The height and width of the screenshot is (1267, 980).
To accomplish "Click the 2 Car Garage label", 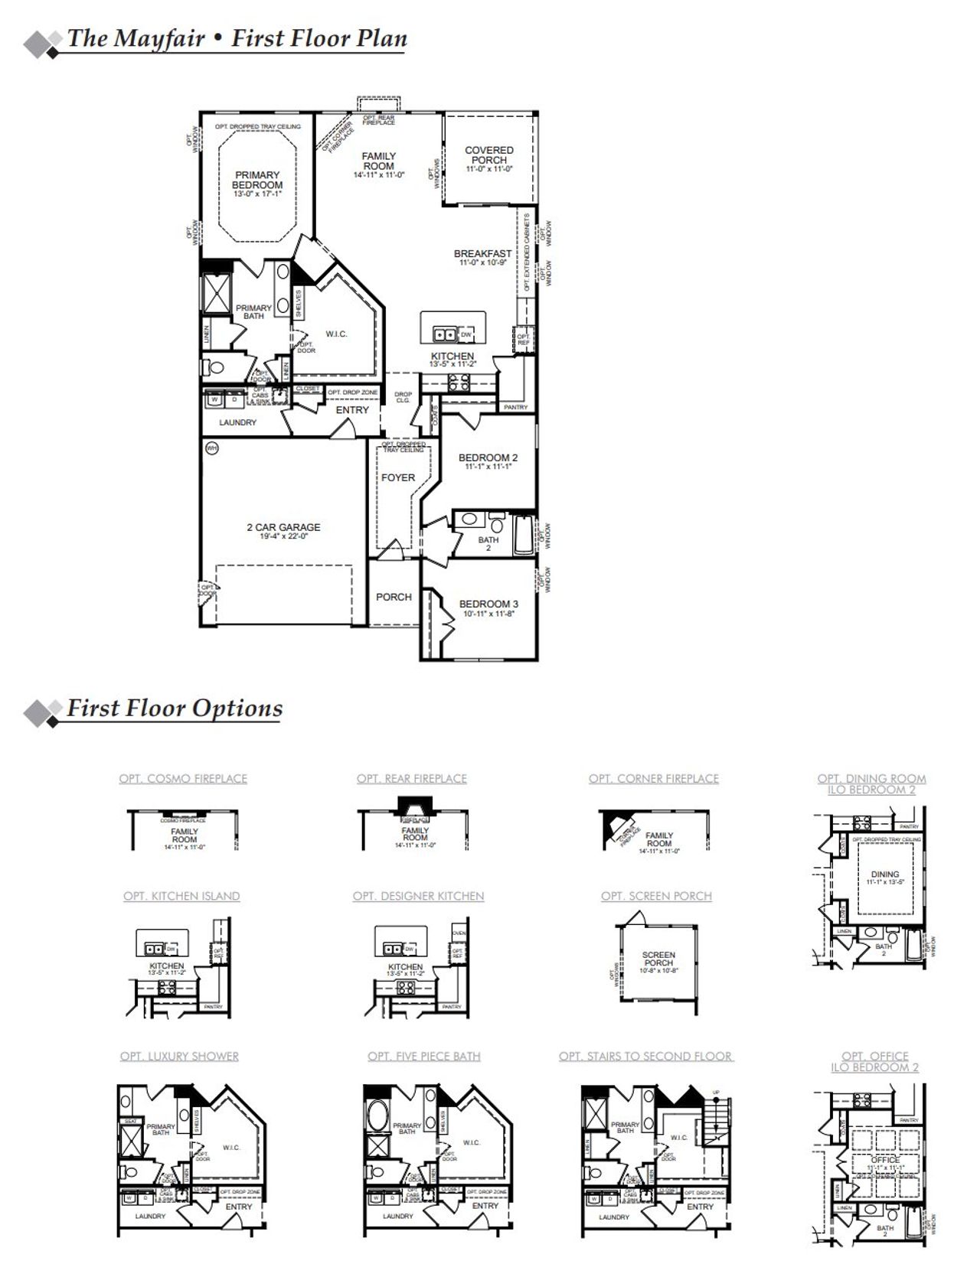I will coord(283,527).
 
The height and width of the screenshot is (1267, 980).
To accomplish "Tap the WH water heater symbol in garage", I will coord(211,448).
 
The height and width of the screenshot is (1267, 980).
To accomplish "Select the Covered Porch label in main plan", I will coord(489,155).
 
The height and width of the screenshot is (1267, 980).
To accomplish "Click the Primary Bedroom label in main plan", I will coord(257,180).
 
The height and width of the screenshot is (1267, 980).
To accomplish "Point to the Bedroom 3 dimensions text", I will coord(488,614).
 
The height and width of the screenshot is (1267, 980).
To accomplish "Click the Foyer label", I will coord(398,477).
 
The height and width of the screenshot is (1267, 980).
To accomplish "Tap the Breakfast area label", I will coord(482,254).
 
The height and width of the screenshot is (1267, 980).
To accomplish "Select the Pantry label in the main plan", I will coord(516,408).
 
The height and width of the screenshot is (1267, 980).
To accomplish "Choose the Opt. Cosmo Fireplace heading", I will coord(183,779).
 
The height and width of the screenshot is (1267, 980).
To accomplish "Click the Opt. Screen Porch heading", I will coord(656,896).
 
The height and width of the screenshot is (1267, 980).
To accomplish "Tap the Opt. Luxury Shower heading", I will coord(179,1056).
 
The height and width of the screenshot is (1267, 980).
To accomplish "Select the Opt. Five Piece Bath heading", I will coord(423,1056).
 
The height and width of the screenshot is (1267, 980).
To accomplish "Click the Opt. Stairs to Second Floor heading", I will coord(645,1056).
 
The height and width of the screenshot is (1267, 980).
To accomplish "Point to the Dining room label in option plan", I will coord(885,874).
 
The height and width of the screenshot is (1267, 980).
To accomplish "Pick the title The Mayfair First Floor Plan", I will coord(237,38).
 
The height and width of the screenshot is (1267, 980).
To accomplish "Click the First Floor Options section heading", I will coord(175,708).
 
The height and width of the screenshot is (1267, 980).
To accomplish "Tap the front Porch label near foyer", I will coord(394,597).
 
